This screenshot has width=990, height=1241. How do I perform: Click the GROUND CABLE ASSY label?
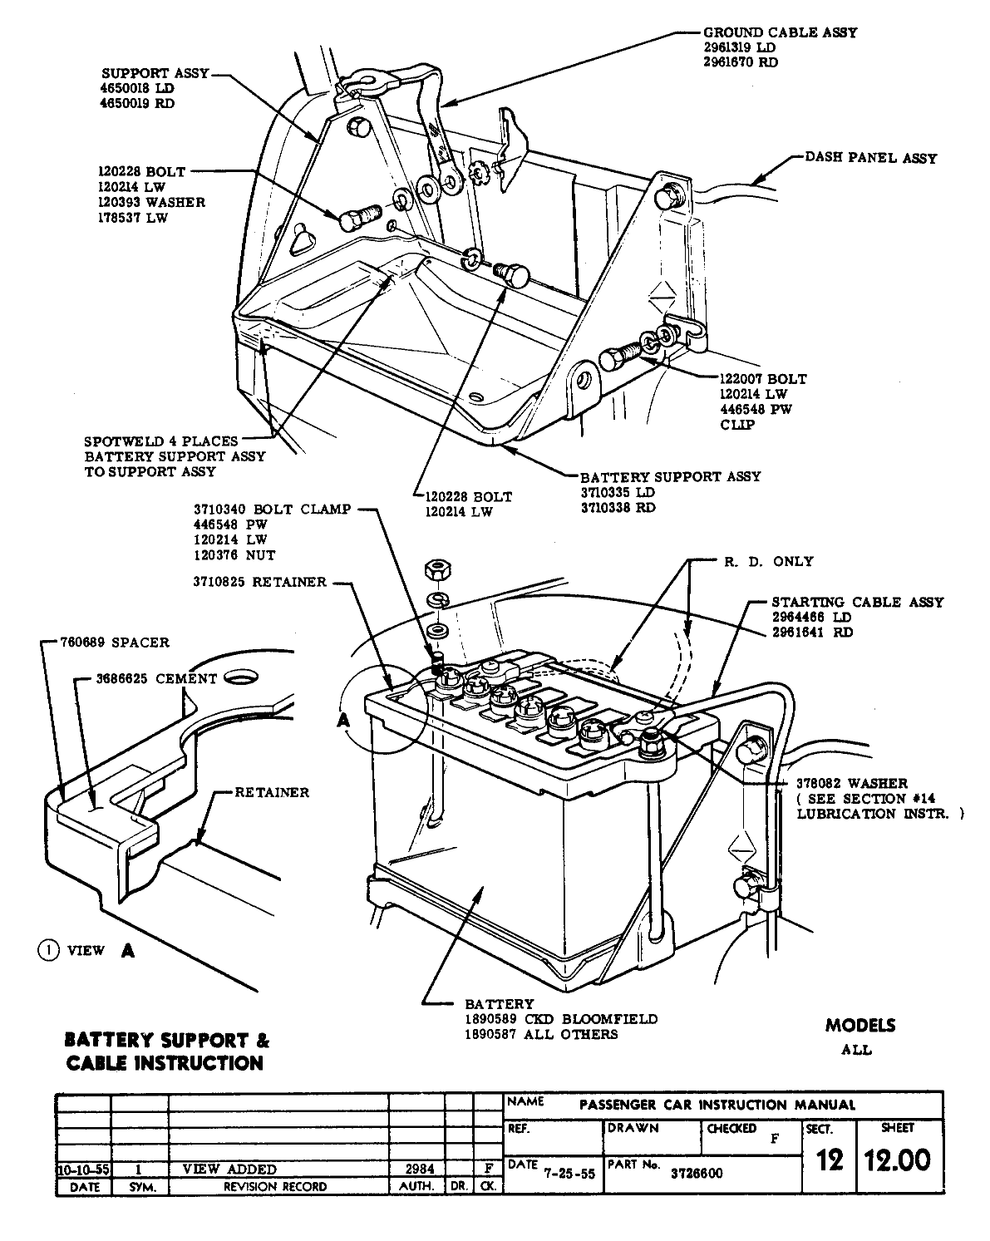pos(780,32)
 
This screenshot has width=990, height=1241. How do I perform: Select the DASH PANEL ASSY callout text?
pos(870,158)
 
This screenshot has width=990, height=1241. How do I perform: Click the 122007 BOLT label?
pos(763,379)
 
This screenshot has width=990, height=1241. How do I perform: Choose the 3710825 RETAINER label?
pos(259,582)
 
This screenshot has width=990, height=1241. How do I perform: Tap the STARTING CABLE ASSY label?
pos(858,602)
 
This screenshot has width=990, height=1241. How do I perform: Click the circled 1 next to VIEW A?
pos(47,950)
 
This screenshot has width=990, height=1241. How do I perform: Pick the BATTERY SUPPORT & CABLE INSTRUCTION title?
pos(167,1051)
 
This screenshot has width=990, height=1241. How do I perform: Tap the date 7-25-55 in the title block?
pos(569,1176)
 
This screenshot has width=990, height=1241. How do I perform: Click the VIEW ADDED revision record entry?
pos(229,1169)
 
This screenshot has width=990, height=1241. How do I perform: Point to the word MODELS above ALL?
pos(860,1025)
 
